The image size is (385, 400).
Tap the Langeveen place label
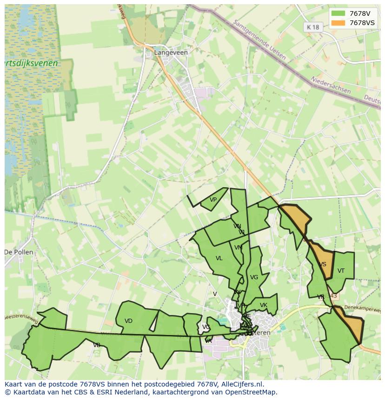point(171,52)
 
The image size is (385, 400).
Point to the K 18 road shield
point(313,27)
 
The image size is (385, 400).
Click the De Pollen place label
point(19,252)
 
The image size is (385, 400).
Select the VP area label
point(213,200)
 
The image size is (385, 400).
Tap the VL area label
point(219,258)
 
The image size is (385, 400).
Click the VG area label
point(254,277)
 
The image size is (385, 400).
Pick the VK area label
point(264,305)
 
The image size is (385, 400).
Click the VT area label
point(341,271)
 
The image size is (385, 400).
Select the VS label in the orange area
point(323,264)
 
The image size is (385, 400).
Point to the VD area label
point(129,321)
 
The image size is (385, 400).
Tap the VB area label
point(97,345)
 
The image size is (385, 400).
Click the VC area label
point(206,327)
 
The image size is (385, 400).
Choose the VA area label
point(208,341)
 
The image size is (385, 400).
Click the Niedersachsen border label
point(331,85)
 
